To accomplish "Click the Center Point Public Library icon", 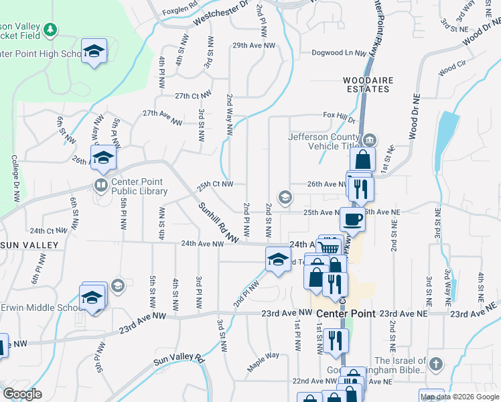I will tap(100, 184).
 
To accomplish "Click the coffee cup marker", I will tap(352, 218).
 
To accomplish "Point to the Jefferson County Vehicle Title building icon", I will tap(370, 140).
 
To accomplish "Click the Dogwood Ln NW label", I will tap(340, 54).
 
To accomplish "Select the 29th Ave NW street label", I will tap(254, 46).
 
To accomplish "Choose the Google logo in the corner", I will tap(22, 394).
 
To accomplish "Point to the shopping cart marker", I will tap(328, 247).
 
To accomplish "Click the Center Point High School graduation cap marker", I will tap(94, 51).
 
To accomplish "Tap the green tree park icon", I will tap(50, 29).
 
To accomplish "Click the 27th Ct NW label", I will tap(193, 95).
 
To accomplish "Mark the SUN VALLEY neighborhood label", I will tap(29, 246).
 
